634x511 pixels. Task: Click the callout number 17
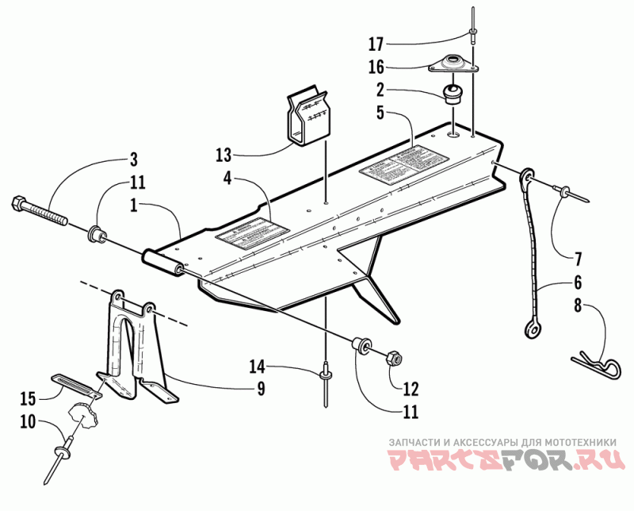tap(376, 41)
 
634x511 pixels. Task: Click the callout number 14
tap(256, 367)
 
